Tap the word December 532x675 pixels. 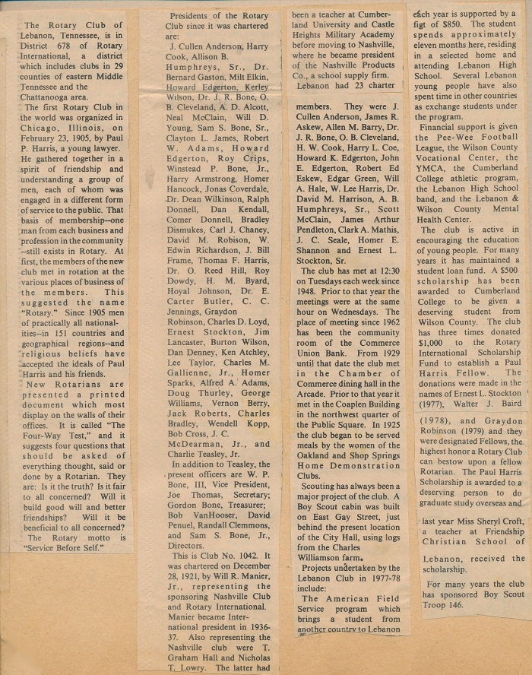click(252, 566)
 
